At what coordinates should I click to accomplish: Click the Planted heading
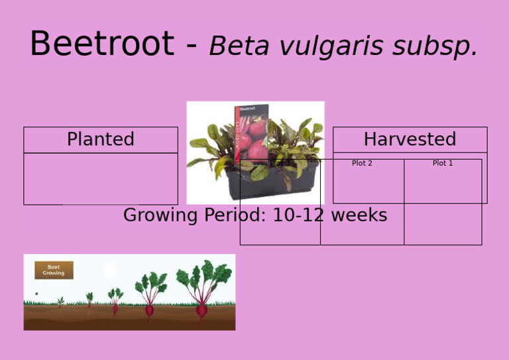pyautogui.click(x=101, y=139)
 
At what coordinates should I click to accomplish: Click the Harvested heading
pyautogui.click(x=410, y=139)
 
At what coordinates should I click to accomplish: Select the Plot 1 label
pyautogui.click(x=442, y=163)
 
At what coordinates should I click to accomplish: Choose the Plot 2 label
pyautogui.click(x=362, y=163)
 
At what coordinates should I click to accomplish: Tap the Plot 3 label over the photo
pyautogui.click(x=280, y=162)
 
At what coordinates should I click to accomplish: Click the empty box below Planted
pyautogui.click(x=101, y=178)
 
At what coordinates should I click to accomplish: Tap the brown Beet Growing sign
pyautogui.click(x=54, y=270)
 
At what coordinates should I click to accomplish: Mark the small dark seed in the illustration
pyautogui.click(x=36, y=294)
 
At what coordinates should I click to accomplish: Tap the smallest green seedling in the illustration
pyautogui.click(x=61, y=302)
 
